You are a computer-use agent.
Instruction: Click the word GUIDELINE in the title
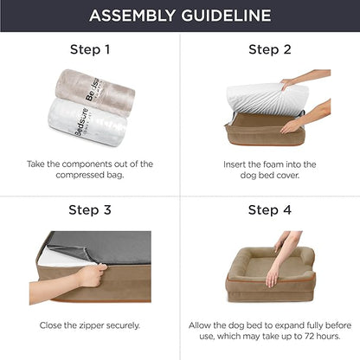click(228, 16)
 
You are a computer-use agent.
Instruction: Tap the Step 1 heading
click(90, 49)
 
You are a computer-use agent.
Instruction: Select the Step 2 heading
click(269, 49)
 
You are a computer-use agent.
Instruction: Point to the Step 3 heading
click(90, 210)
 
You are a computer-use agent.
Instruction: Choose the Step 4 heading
click(269, 210)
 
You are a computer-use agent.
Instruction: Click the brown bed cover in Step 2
click(260, 130)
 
